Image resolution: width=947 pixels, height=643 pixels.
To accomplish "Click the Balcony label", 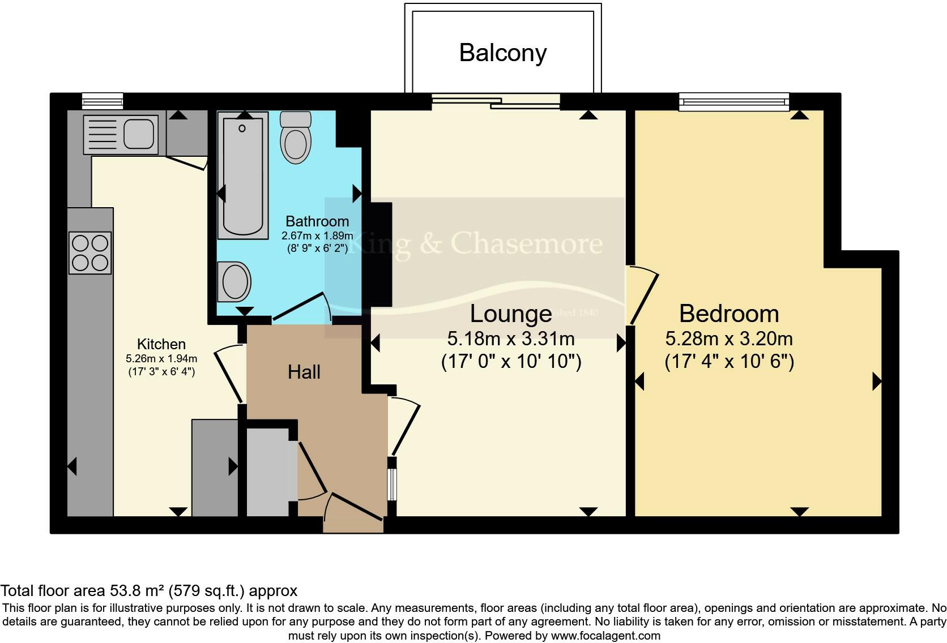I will (502, 53).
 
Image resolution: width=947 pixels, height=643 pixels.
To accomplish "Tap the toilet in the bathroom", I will (296, 139).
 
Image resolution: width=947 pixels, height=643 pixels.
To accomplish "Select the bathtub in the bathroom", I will (243, 175).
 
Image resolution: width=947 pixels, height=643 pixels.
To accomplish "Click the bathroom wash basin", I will (235, 282).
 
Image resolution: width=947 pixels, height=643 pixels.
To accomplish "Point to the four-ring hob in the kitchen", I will (90, 253).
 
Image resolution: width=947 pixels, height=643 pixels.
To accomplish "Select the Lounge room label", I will (510, 314).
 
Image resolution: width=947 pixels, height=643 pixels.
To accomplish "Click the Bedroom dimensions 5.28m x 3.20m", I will (728, 338).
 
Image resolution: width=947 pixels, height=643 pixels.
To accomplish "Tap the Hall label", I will (304, 372).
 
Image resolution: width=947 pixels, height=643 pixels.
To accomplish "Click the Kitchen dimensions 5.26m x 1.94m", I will (161, 358).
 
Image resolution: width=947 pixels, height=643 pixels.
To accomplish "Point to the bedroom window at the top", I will (735, 102).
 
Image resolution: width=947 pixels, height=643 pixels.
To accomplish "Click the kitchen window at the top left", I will (102, 101).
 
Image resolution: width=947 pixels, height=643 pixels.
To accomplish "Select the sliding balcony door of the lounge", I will (496, 101).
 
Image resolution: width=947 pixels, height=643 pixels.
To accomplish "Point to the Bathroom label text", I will (317, 221).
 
